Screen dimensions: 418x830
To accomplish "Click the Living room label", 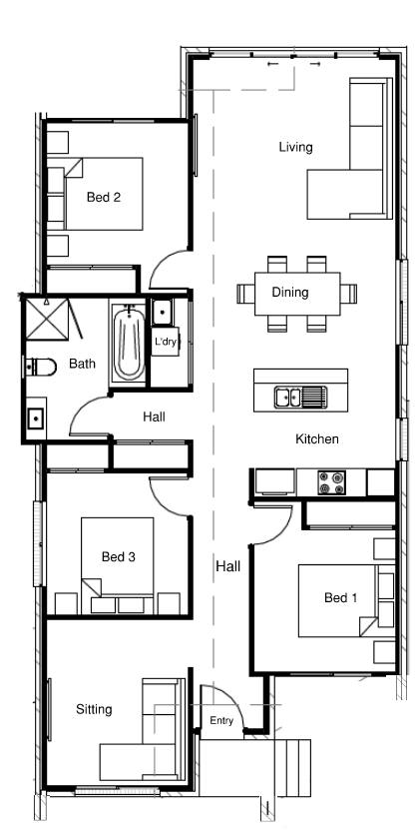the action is pyautogui.click(x=296, y=147).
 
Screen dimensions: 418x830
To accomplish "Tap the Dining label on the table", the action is pyautogui.click(x=290, y=292).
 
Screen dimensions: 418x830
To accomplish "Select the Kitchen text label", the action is pyautogui.click(x=317, y=438).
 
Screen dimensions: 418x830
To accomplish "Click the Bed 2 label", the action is pyautogui.click(x=104, y=198).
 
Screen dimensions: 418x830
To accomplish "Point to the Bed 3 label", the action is pyautogui.click(x=119, y=557).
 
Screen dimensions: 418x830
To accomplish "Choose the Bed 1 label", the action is pyautogui.click(x=341, y=598).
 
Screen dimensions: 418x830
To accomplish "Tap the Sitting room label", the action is pyautogui.click(x=94, y=709).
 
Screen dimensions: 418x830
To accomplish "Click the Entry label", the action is pyautogui.click(x=221, y=720).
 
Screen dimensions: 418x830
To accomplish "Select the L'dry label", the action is pyautogui.click(x=165, y=342).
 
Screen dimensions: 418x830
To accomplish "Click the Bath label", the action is pyautogui.click(x=83, y=364).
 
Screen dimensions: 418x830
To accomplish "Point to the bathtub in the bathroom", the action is pyautogui.click(x=130, y=342).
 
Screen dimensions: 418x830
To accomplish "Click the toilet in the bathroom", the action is pyautogui.click(x=40, y=366).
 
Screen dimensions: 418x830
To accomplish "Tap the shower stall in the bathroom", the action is pyautogui.click(x=48, y=319).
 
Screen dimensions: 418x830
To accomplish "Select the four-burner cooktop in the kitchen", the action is pyautogui.click(x=332, y=482).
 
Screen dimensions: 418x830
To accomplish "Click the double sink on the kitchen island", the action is pyautogui.click(x=300, y=397).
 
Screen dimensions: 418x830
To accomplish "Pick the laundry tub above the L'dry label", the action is pyautogui.click(x=162, y=313).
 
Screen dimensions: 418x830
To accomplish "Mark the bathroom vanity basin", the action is pyautogui.click(x=35, y=418).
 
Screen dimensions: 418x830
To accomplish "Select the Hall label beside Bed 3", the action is pyautogui.click(x=228, y=566).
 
